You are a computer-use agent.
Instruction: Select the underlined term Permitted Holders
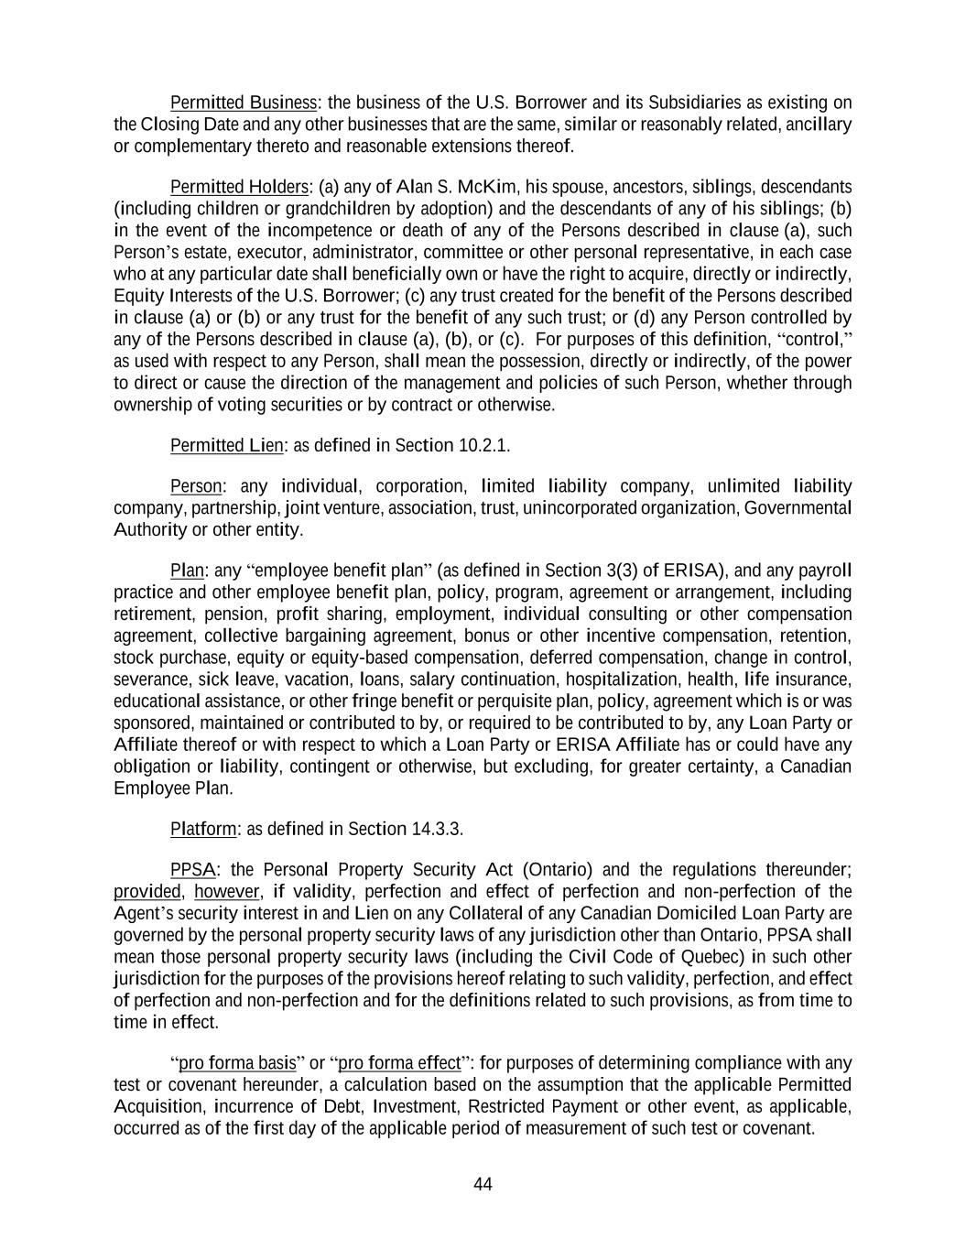click(240, 187)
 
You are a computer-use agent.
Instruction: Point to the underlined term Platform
click(203, 830)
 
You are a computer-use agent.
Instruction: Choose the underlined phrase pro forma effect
click(399, 1063)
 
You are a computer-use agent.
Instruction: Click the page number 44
click(483, 1184)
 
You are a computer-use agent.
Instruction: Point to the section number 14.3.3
click(437, 830)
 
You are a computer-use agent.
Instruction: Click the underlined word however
click(228, 892)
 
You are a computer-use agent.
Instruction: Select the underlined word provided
click(147, 892)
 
